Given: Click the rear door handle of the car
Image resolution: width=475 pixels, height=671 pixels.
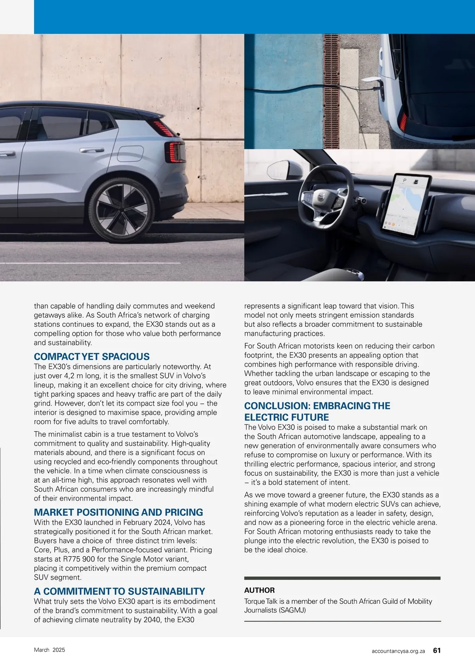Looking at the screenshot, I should point(91,150).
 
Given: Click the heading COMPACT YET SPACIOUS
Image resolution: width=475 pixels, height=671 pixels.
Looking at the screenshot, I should point(92,356).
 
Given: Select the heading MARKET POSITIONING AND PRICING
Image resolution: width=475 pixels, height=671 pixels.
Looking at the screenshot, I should point(118,512).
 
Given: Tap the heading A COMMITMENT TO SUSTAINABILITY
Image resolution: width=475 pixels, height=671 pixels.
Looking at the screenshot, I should point(120,591).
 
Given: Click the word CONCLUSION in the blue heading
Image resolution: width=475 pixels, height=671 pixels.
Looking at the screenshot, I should point(275,406).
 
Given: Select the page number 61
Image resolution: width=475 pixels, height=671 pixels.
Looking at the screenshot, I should point(437,650).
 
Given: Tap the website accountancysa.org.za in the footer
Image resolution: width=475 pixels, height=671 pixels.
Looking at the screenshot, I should point(398,651).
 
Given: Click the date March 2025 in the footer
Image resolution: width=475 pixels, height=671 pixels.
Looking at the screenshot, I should point(49,650).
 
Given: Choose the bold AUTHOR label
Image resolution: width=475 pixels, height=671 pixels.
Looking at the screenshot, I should point(259,590).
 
